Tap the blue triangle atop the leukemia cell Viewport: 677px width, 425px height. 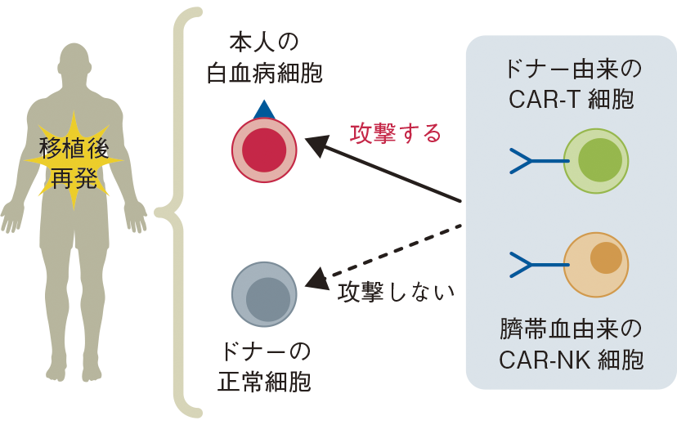click(x=263, y=109)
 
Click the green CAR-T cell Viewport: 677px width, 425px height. click(x=597, y=161)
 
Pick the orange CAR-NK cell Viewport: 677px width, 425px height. click(x=596, y=264)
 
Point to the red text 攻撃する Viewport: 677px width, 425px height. click(x=395, y=132)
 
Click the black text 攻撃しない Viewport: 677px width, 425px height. click(x=396, y=290)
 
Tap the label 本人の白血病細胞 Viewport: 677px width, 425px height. click(x=264, y=58)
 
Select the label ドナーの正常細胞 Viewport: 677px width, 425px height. click(x=264, y=367)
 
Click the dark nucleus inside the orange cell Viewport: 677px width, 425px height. click(x=606, y=257)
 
